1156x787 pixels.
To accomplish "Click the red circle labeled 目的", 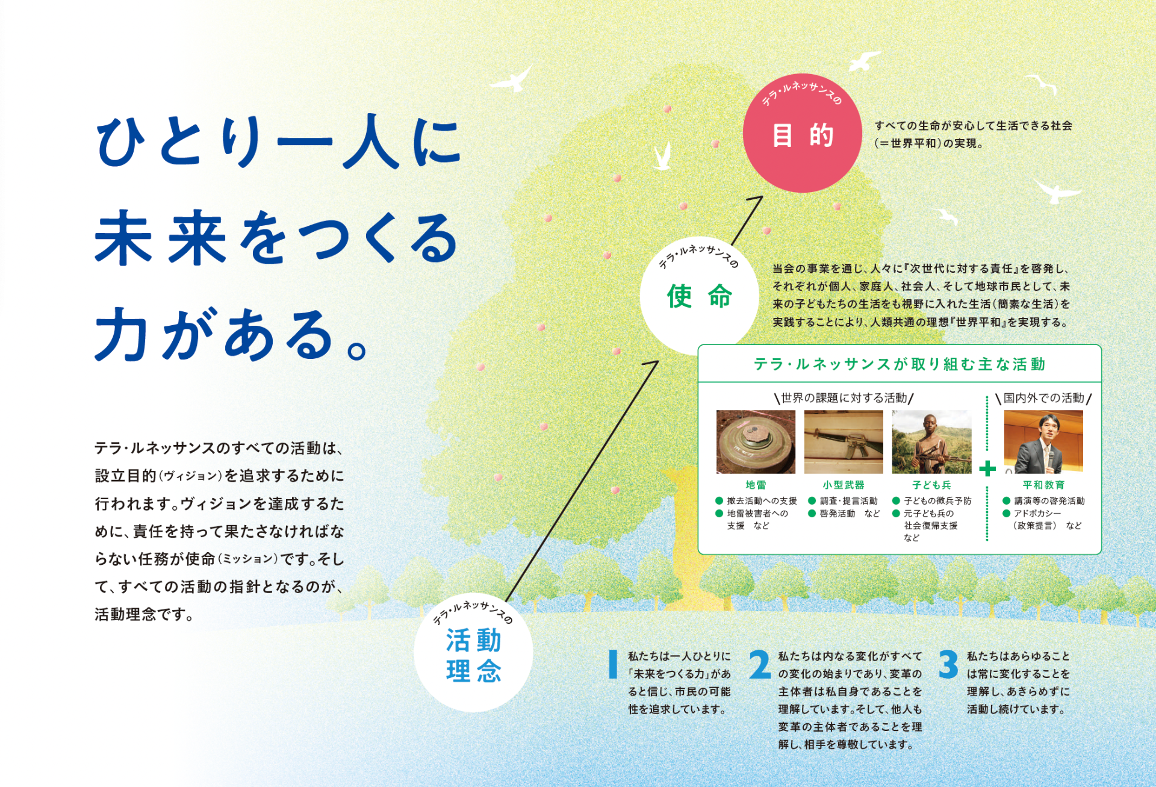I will point(802,133).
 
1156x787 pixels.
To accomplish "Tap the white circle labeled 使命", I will point(699,296).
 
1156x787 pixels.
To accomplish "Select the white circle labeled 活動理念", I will point(473,653).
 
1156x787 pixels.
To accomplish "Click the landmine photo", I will point(756,442).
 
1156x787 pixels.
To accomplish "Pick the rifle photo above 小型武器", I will point(844,442).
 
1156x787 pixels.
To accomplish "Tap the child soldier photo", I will point(931,442).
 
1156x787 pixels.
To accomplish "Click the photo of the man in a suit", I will point(1043,442).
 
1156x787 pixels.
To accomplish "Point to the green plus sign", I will point(987,468).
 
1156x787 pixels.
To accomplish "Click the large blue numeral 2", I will point(760,665).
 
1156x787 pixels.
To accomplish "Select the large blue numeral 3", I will point(948,665).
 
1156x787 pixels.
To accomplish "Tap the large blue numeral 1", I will point(613,665).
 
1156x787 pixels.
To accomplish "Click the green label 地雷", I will point(756,485).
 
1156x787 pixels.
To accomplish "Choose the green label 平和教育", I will point(1043,485).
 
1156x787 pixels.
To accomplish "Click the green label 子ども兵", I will point(931,485).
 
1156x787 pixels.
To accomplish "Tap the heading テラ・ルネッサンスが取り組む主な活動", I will point(900,364).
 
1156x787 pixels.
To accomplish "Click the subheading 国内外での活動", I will point(1043,398).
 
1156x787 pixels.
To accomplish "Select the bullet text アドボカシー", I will point(1037,514).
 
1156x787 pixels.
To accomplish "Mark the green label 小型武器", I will point(844,485).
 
